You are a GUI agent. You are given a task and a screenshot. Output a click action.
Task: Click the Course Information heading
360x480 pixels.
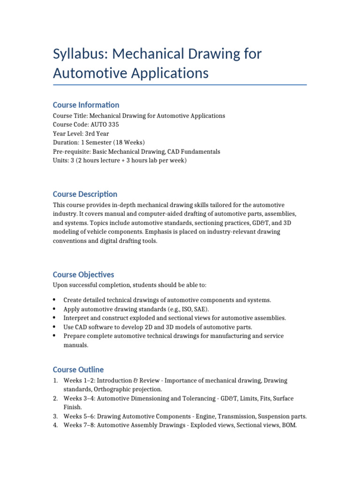(86, 105)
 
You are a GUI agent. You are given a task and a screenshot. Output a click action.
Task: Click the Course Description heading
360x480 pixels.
(85, 194)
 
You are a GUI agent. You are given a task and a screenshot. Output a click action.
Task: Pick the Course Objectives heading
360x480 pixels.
(83, 275)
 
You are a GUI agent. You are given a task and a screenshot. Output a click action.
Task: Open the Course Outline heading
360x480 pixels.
(78, 369)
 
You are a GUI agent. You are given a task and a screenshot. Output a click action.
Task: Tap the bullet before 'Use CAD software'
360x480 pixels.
(55, 327)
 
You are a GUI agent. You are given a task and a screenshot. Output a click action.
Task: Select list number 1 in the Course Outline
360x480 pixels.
(55, 381)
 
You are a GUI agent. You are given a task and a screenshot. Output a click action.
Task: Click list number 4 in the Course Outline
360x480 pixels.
(55, 426)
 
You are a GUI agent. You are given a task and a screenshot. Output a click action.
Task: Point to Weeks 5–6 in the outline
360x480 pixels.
(79, 416)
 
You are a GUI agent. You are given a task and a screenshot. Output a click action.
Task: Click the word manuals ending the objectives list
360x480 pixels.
(75, 345)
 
